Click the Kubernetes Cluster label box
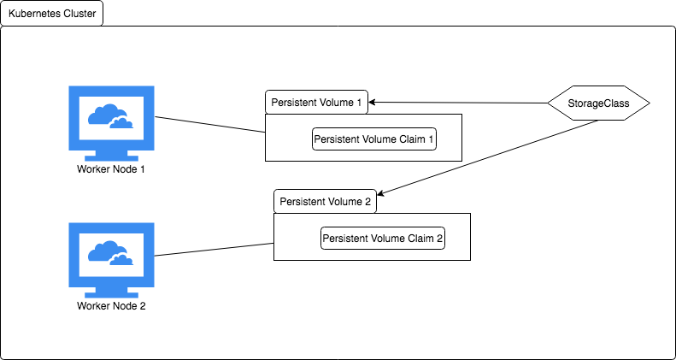point(52,13)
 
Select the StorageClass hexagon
point(598,103)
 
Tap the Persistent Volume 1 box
point(316,102)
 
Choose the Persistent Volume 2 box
point(325,201)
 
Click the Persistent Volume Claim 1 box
point(374,139)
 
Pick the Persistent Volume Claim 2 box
point(383,238)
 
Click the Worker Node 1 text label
point(111,169)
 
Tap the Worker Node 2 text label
point(111,306)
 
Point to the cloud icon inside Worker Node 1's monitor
point(110,116)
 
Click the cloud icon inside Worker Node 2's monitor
point(110,252)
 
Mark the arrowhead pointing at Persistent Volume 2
point(381,193)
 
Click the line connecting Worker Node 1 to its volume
point(210,124)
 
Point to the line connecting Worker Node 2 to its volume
point(214,250)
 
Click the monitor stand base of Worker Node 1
point(111,157)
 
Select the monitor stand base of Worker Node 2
point(111,294)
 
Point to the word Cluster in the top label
point(79,13)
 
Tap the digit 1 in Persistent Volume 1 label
point(358,103)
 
